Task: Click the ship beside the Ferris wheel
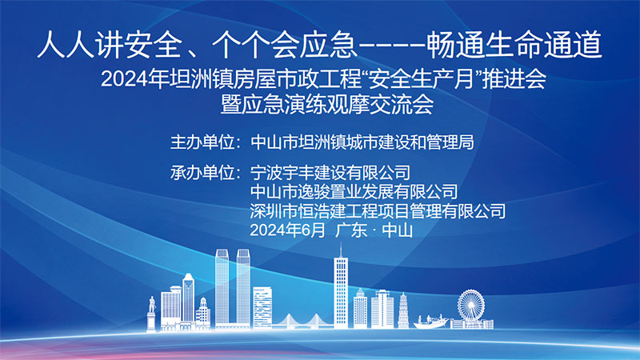tap(430, 322)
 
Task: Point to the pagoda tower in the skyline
tap(403, 310)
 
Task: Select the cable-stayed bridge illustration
tap(302, 322)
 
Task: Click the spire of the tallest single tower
tap(342, 250)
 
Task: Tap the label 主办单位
tap(202, 142)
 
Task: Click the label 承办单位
tap(202, 173)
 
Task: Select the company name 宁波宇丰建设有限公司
tap(330, 173)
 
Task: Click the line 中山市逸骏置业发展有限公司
tap(354, 192)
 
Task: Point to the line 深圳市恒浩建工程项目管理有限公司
tap(378, 211)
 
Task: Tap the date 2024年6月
tap(287, 230)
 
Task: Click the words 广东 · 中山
tap(374, 230)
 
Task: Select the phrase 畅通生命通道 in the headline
tap(514, 44)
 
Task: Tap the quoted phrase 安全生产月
tap(422, 78)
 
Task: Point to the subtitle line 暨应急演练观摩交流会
tap(327, 105)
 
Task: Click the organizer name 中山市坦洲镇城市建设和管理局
tap(362, 142)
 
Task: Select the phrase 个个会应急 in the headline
tap(285, 44)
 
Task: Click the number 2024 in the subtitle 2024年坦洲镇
tap(124, 79)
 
